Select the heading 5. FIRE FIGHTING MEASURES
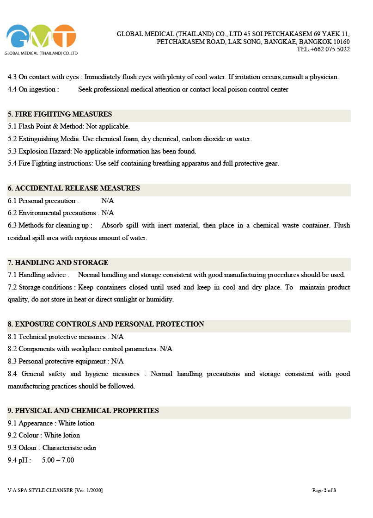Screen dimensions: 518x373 click(x=60, y=114)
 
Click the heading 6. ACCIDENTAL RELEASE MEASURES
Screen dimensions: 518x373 click(x=73, y=188)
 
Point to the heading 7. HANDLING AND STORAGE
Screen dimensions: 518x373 click(x=58, y=263)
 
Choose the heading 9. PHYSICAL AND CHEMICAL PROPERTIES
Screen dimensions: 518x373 click(x=83, y=411)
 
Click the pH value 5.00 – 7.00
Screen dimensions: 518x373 click(x=58, y=460)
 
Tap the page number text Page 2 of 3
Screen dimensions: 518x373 click(x=324, y=490)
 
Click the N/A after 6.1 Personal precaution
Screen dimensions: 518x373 click(x=107, y=201)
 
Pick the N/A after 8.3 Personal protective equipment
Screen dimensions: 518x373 click(x=117, y=361)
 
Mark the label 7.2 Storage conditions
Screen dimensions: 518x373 click(x=40, y=287)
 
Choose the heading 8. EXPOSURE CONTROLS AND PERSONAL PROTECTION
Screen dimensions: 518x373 click(x=106, y=324)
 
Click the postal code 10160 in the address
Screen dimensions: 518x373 click(x=342, y=42)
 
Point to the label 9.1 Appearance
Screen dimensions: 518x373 click(x=31, y=423)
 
